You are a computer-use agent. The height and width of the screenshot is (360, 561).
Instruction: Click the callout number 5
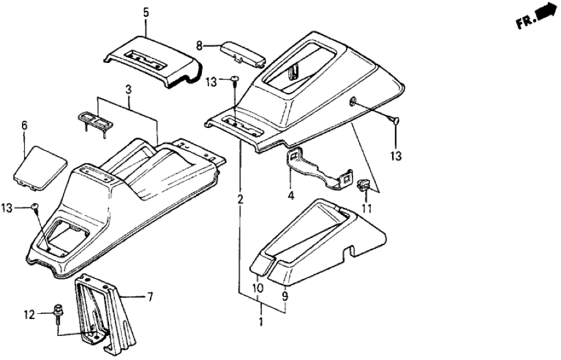pyautogui.click(x=146, y=12)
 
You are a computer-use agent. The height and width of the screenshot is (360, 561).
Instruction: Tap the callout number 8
pyautogui.click(x=200, y=45)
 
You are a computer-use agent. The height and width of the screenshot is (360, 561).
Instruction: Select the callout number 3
pyautogui.click(x=129, y=86)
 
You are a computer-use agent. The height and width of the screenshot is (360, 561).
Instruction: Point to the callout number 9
pyautogui.click(x=284, y=294)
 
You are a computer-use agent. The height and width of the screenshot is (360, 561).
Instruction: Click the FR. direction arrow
pyautogui.click(x=537, y=20)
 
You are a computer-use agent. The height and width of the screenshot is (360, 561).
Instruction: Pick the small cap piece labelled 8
pyautogui.click(x=242, y=51)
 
